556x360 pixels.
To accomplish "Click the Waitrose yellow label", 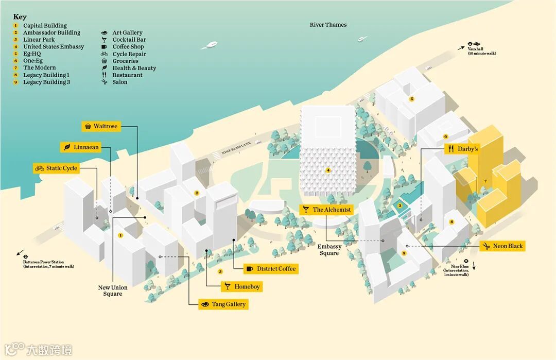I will tap(101, 126).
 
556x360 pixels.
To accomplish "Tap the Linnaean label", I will tap(81, 147).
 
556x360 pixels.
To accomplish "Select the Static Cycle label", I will tap(56, 168).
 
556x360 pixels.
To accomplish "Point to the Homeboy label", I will tap(241, 287).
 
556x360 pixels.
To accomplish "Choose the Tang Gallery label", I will tap(223, 304).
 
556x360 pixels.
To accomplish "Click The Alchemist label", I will tap(327, 210).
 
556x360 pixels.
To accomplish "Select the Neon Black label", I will tap(502, 246).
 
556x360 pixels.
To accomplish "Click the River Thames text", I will tap(328, 25).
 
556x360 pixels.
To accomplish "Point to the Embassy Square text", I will tap(329, 250).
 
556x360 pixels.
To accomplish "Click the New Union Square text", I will tap(112, 290).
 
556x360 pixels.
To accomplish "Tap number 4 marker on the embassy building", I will tap(328, 170).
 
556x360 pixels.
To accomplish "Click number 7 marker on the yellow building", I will tap(484, 181).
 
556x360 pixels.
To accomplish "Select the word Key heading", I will tap(20, 16).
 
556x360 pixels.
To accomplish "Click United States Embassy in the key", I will tap(53, 47).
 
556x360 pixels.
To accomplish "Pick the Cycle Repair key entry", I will tap(129, 54).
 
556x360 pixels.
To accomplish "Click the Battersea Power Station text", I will tap(48, 264).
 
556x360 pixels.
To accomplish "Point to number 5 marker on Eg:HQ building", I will tap(412, 98).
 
